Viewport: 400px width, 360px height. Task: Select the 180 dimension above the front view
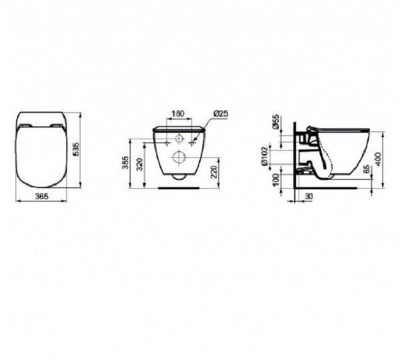178,114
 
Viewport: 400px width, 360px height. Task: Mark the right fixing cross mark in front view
195,141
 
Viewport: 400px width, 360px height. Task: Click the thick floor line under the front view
179,188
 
